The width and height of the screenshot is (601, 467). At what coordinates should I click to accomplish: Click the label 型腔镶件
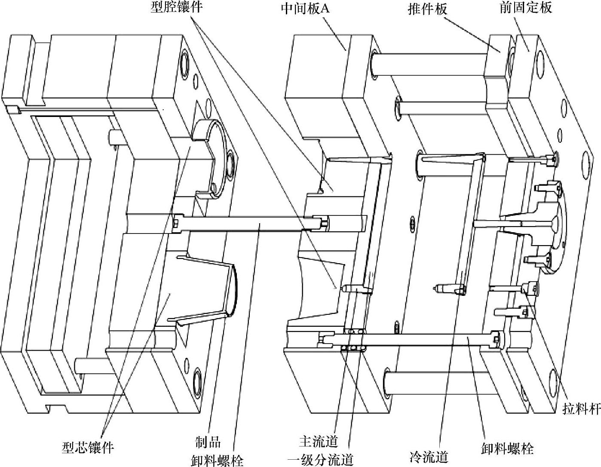177,7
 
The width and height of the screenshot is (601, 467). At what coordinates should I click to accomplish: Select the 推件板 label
428,9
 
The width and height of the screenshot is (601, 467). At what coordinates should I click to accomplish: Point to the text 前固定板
526,7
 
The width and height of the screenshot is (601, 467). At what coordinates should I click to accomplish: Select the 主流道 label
319,441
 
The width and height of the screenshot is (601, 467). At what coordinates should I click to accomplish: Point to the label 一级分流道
320,460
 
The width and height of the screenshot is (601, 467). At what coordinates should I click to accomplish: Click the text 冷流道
429,457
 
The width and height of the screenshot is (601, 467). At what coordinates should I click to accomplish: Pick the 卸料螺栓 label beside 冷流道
508,448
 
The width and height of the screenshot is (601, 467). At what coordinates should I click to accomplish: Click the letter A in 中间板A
325,9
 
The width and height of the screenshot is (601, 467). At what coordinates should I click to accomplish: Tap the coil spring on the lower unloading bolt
353,340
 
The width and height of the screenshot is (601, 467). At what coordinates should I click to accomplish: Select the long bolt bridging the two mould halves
250,223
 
